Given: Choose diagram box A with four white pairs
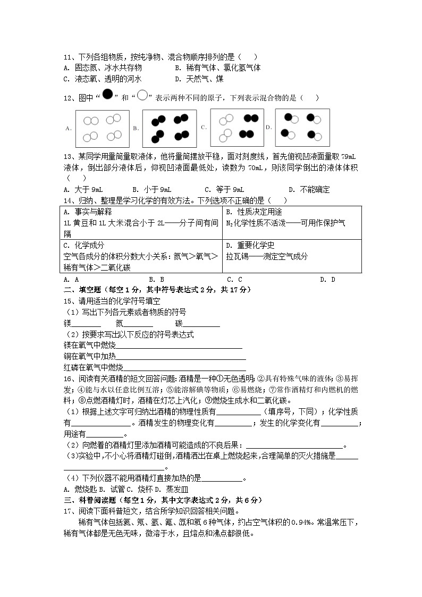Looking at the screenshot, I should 103,128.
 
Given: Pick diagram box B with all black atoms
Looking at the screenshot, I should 170,128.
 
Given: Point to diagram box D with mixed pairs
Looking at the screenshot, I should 302,128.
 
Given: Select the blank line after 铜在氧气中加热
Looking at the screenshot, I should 181,357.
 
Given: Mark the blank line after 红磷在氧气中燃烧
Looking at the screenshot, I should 184,368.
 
